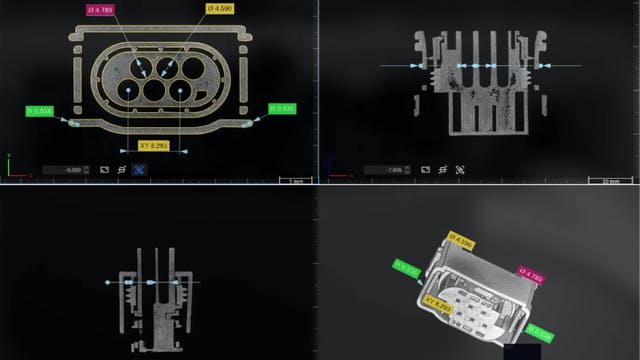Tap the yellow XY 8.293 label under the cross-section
click(144, 145)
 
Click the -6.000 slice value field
click(67, 170)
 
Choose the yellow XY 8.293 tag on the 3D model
click(439, 305)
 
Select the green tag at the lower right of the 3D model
click(540, 333)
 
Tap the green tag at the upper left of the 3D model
click(407, 269)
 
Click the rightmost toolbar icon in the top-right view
click(460, 170)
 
